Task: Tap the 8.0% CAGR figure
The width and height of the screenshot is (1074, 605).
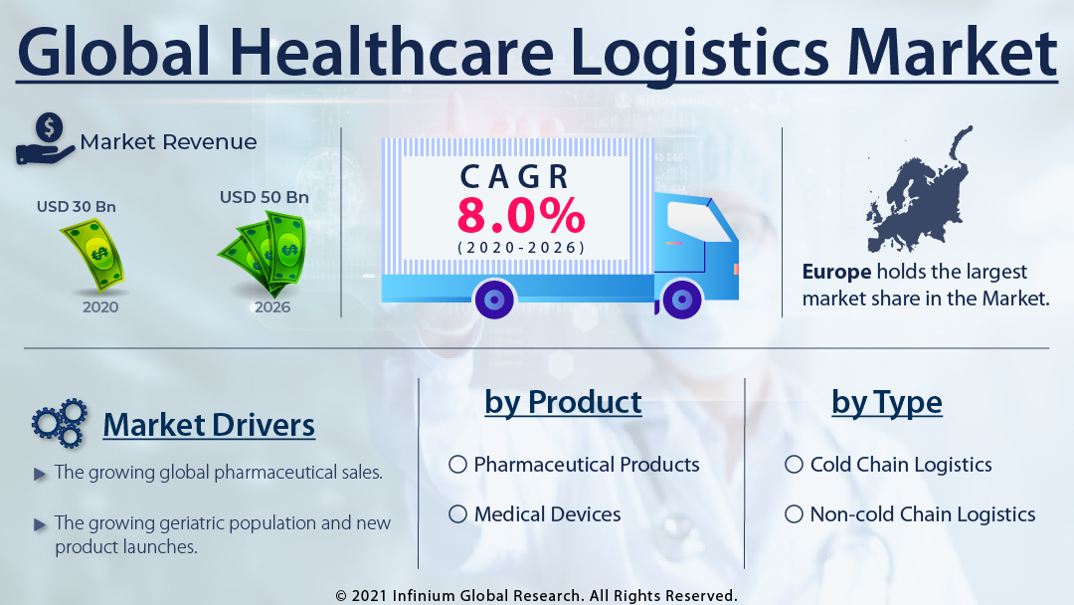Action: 521,215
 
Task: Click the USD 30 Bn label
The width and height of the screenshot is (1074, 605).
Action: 76,206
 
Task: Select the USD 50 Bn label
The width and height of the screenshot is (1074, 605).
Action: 265,197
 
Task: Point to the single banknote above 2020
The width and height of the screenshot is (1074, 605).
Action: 93,254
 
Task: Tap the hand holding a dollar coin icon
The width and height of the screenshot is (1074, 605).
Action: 45,139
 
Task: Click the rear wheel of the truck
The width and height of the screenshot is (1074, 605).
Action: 494,300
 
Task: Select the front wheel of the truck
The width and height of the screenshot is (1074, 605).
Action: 681,299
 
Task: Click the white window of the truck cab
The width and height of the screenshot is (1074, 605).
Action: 696,221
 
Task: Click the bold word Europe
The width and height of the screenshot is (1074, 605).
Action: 836,272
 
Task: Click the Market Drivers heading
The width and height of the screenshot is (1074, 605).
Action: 209,425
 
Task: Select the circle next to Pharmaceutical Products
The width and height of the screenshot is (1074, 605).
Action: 457,465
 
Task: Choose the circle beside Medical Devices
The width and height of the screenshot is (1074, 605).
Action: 457,513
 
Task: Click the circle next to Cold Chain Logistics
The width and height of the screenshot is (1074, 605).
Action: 794,465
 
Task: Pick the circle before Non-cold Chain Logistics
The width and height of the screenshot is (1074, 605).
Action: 794,513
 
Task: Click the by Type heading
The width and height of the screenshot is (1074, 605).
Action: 887,402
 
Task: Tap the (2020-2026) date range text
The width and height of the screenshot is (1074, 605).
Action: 521,248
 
